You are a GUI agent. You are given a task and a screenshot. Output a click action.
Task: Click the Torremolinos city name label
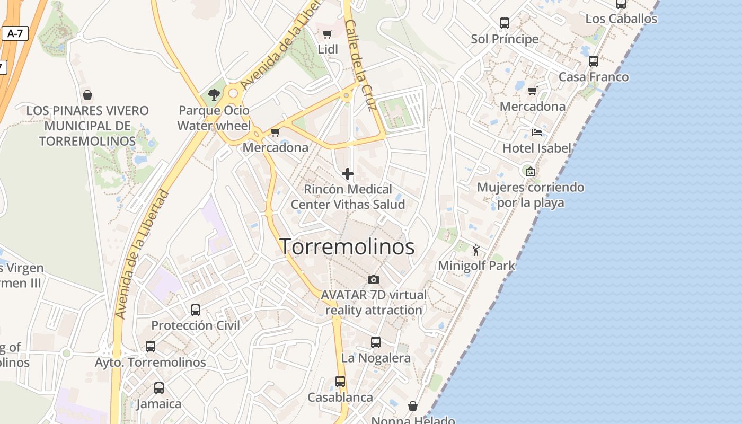[347, 247]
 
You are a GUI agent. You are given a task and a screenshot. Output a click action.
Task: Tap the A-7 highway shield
[15, 34]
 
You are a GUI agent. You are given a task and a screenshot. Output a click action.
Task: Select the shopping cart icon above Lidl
[327, 34]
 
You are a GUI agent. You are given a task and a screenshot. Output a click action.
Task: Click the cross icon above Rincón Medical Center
[348, 174]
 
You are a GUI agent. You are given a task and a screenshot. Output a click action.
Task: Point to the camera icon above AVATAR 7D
[373, 279]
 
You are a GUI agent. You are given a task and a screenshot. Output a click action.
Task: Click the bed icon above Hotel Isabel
[536, 132]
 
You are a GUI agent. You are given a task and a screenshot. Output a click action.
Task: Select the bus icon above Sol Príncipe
[504, 23]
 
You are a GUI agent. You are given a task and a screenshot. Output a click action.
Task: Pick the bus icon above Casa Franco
[593, 61]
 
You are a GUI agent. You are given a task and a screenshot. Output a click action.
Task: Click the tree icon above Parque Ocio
[214, 95]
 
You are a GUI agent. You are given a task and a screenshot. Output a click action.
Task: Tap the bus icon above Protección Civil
[196, 310]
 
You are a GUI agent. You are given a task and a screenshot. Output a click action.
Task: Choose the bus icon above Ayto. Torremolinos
[151, 347]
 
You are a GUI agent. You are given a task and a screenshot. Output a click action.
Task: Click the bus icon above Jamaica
[159, 388]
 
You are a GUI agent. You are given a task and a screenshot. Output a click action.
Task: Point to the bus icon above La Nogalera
[376, 342]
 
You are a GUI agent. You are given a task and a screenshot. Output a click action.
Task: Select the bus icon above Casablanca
[340, 382]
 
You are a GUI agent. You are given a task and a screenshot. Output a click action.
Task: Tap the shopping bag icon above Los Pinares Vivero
[87, 95]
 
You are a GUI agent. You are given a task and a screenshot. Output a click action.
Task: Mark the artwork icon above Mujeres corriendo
[530, 171]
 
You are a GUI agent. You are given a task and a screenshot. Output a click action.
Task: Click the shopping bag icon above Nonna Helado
[413, 407]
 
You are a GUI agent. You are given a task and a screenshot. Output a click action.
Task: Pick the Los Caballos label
[621, 19]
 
